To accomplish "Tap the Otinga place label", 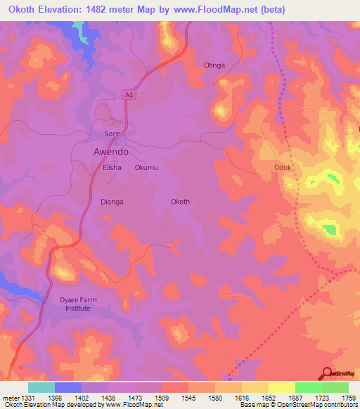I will [x=214, y=65].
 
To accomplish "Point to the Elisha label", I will [x=112, y=168].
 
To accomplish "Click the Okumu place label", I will [x=146, y=168].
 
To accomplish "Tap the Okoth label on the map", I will [x=180, y=202].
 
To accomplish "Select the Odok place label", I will [x=283, y=168].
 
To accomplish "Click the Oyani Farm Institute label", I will [x=78, y=304].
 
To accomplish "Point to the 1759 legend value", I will [x=348, y=398].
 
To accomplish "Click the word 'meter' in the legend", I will [x=10, y=398].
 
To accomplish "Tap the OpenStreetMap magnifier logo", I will [x=327, y=372].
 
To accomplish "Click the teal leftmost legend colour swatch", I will [x=41, y=387].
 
